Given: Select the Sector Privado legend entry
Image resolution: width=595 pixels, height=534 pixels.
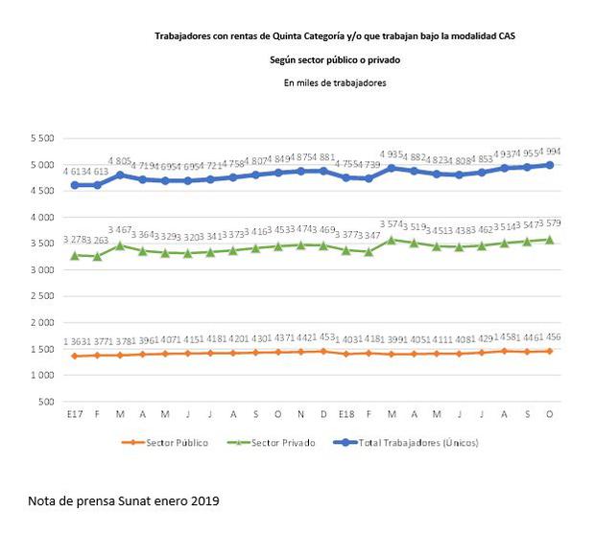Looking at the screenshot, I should pos(279,442).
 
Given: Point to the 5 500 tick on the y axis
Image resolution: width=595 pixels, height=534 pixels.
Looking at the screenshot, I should pos(40,138).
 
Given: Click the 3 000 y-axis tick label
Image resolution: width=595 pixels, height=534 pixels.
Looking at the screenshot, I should pos(40,270).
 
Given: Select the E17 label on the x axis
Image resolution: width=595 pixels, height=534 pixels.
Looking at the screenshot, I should pos(74,414).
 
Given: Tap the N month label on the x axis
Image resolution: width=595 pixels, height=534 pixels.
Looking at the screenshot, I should pos(300,414).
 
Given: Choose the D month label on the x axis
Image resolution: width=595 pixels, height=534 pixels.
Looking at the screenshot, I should pos(323,414).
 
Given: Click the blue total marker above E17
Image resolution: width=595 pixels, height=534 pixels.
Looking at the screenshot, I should pos(74,185).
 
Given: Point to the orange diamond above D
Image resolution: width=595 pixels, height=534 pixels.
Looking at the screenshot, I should pos(323,351).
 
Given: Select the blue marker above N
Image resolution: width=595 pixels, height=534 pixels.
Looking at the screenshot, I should pos(300,172).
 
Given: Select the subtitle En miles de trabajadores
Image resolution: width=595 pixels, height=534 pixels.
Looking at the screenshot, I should pos(335,83).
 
